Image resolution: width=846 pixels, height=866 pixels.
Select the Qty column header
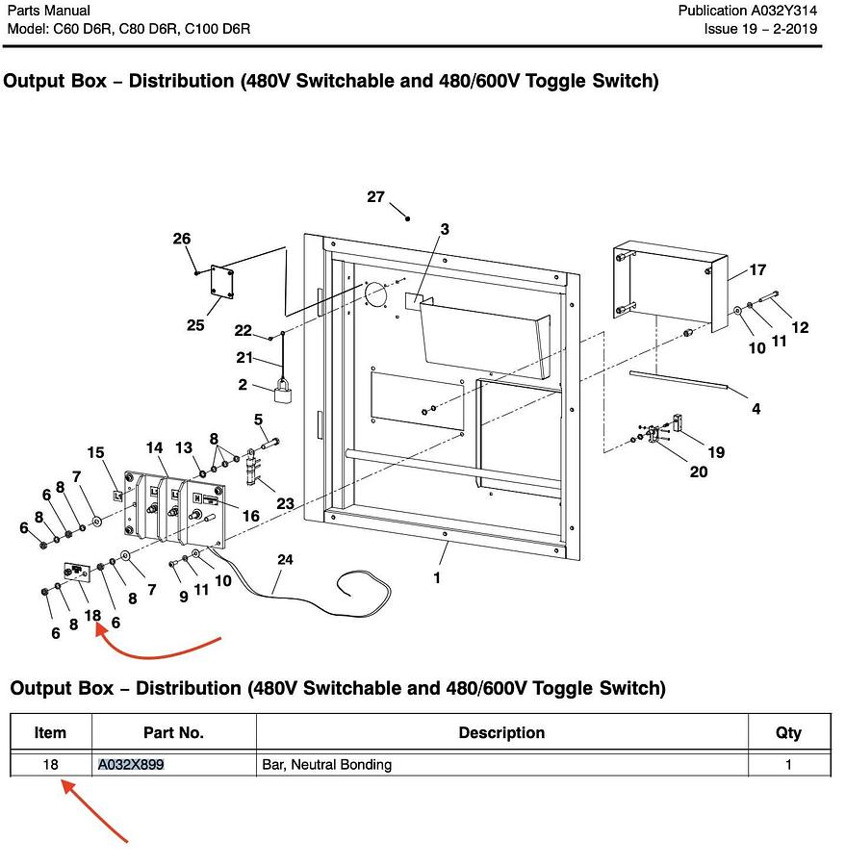click(x=788, y=733)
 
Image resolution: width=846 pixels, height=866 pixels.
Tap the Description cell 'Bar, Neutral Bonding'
click(x=327, y=765)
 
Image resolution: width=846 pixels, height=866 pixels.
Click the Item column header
click(x=50, y=733)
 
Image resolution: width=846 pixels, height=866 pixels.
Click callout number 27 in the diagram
click(x=375, y=197)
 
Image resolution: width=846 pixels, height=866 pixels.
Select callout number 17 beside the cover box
click(x=757, y=270)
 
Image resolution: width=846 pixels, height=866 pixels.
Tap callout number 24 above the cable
click(x=285, y=560)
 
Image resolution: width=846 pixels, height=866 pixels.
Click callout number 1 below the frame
click(x=437, y=578)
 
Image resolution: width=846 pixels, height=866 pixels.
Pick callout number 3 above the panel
click(x=445, y=229)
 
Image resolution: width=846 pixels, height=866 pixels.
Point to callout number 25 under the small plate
click(x=195, y=325)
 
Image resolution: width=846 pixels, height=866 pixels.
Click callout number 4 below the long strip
click(x=756, y=409)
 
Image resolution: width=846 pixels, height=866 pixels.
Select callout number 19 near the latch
click(x=716, y=452)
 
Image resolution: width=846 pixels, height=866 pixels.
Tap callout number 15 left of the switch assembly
click(x=95, y=452)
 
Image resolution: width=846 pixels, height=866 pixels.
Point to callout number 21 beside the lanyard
click(x=244, y=359)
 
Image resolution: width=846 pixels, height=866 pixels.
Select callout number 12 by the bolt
click(x=800, y=327)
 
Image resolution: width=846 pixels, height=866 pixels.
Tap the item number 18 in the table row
click(x=50, y=765)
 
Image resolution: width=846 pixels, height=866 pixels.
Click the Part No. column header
click(x=173, y=733)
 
